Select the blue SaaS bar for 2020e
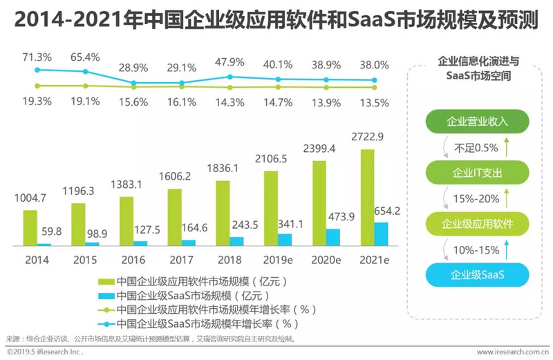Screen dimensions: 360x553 click(333, 237)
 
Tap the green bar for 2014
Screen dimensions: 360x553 click(30, 228)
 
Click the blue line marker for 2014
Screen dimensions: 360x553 click(37, 70)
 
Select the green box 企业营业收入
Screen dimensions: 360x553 click(477, 121)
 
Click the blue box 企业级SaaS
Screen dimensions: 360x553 click(477, 275)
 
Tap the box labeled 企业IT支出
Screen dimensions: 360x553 click(477, 172)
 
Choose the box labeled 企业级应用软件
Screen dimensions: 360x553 click(477, 223)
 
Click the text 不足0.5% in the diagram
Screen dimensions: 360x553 click(476, 146)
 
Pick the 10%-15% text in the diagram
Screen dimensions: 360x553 click(476, 249)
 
